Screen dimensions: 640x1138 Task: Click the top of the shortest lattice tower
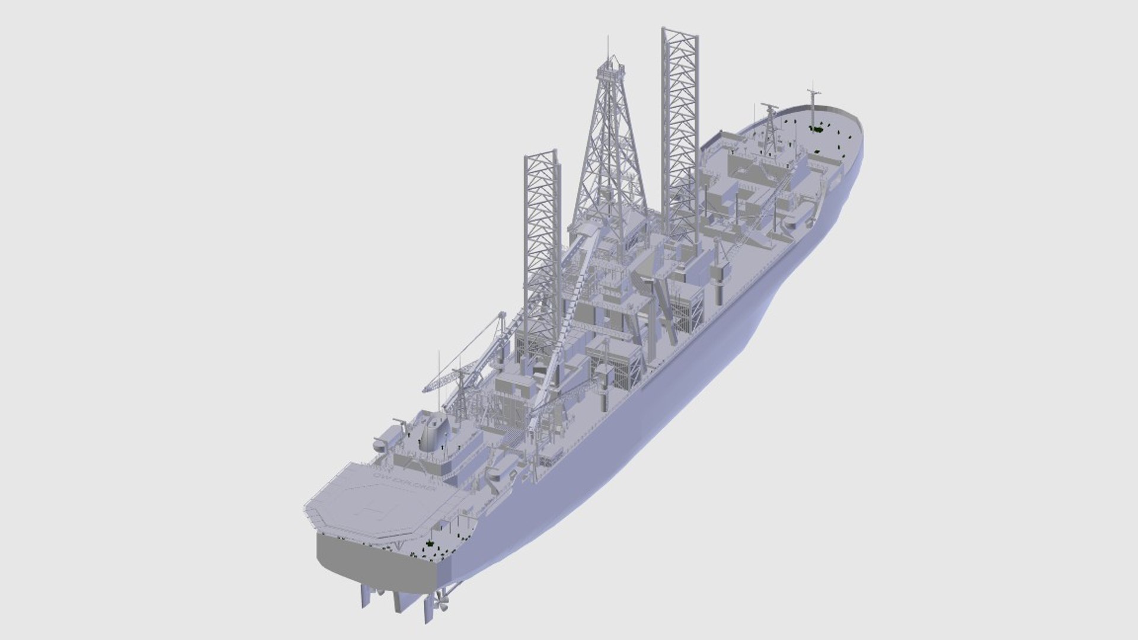[x=541, y=155]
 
